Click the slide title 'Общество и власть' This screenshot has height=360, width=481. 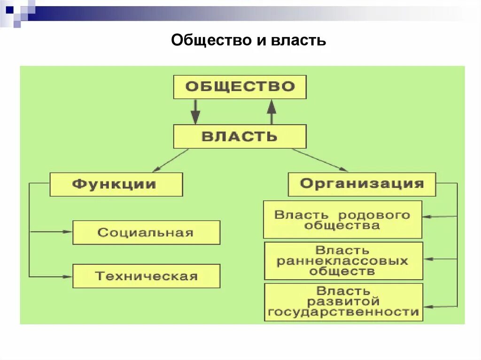point(248,40)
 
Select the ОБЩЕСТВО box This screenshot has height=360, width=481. point(240,87)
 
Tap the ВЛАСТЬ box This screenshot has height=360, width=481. point(240,137)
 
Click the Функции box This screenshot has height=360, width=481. point(116,184)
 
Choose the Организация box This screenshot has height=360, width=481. point(361,184)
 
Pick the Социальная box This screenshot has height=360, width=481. point(146,233)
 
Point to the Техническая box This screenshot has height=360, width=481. point(146,276)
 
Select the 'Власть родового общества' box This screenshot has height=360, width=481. point(342,220)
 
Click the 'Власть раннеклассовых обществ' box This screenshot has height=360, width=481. point(343,261)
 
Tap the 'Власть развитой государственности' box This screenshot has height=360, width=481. point(343,302)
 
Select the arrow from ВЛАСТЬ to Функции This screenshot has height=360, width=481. point(170,161)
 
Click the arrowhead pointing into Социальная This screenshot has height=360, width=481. point(68,231)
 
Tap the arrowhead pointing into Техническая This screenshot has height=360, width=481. point(68,276)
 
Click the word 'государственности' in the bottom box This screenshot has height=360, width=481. point(343,312)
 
